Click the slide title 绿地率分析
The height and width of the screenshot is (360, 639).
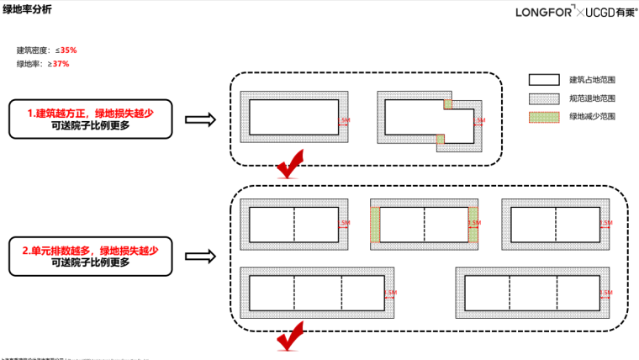pyautogui.click(x=26, y=9)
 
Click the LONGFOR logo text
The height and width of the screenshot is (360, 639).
pyautogui.click(x=542, y=11)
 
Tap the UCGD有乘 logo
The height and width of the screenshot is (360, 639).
pyautogui.click(x=606, y=11)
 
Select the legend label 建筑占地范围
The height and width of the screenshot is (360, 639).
pyautogui.click(x=592, y=80)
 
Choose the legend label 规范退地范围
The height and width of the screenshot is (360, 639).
pyautogui.click(x=592, y=98)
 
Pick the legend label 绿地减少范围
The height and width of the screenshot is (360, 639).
pyautogui.click(x=592, y=116)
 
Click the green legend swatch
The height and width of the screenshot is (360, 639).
pyautogui.click(x=543, y=116)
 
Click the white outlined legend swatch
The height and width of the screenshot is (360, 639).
pyautogui.click(x=543, y=80)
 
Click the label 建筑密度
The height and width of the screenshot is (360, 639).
pyautogui.click(x=33, y=50)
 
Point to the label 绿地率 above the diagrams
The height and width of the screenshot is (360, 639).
pyautogui.click(x=29, y=64)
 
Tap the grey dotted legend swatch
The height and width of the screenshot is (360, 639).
pyautogui.click(x=543, y=98)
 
